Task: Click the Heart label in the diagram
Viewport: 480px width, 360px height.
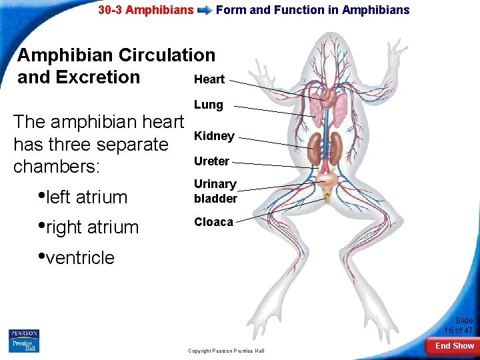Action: (x=209, y=79)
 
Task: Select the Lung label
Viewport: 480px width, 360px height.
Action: (x=208, y=105)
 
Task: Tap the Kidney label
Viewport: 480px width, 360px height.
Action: (x=213, y=136)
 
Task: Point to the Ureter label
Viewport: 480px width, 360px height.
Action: (x=211, y=161)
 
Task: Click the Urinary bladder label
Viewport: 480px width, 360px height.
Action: (x=215, y=191)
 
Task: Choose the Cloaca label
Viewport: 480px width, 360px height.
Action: (x=213, y=222)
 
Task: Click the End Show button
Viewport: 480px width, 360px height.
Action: (x=455, y=346)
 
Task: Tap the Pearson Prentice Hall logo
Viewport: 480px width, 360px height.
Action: (x=24, y=340)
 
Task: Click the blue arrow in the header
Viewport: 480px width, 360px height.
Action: (x=205, y=10)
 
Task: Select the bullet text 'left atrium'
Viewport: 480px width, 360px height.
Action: (x=87, y=197)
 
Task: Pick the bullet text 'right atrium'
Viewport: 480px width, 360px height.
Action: (x=93, y=227)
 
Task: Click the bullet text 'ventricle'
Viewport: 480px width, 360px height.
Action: (x=80, y=258)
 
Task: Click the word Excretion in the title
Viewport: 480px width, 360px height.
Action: (x=99, y=77)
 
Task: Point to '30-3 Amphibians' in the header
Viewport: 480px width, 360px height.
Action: (x=146, y=10)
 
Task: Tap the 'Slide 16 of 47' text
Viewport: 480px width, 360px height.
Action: (x=459, y=325)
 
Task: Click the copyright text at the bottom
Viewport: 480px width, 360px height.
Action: (x=226, y=351)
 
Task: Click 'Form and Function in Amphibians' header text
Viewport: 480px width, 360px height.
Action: (x=313, y=10)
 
